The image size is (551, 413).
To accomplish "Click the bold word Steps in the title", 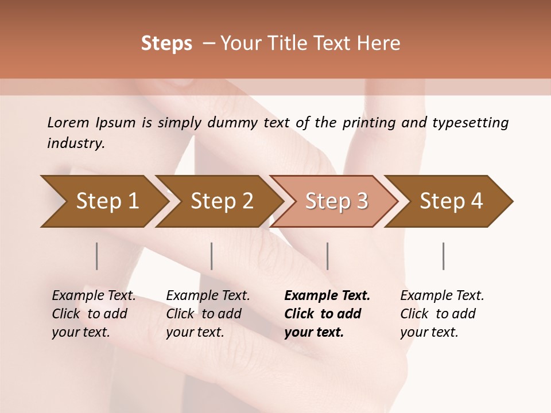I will point(166,44).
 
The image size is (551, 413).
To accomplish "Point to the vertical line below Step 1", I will point(97,256).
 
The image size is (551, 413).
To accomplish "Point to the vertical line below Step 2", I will point(212,256).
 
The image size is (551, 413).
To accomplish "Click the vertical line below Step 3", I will point(328,256).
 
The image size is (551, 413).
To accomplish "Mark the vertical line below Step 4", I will point(444,256).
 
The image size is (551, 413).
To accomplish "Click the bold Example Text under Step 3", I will point(327,296).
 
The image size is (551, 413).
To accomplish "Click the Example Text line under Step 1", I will point(94,296).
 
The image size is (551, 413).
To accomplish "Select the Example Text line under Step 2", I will point(208,296).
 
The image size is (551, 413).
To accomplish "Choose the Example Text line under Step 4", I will point(442,296).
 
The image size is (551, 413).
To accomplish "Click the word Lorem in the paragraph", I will point(68,122).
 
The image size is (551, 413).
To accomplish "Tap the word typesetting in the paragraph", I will point(470,122).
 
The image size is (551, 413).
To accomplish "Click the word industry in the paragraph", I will point(75,143).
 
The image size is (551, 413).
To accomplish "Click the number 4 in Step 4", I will point(476,201).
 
